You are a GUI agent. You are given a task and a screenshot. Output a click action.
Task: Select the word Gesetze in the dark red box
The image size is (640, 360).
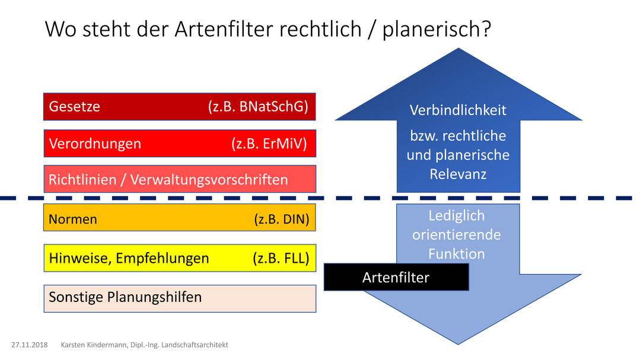coord(74,107)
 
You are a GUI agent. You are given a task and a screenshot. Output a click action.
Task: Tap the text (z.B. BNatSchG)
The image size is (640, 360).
coord(258,107)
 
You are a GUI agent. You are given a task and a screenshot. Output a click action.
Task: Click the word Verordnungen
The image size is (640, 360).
coord(95,144)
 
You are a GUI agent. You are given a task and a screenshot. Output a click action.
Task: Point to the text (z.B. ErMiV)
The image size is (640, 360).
coord(269,144)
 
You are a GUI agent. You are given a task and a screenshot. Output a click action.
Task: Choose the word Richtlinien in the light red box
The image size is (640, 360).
coord(82,180)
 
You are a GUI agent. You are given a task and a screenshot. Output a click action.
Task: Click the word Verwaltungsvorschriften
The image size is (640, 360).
coord(209,180)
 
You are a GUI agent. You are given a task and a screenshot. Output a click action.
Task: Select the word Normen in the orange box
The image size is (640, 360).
coord(73,219)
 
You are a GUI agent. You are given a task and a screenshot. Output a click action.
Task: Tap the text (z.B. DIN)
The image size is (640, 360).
coord(282,219)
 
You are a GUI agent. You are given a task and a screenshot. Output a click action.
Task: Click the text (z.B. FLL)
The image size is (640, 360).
coord(281,259)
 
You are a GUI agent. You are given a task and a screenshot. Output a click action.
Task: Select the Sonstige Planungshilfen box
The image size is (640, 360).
coord(180,298)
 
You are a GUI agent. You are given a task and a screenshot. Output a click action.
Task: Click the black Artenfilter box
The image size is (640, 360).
coord(396,277)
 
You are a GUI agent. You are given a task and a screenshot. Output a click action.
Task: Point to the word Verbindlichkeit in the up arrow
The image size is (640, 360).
coord(458,110)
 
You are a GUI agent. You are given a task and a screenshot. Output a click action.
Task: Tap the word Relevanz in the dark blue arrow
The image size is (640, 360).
coord(458,174)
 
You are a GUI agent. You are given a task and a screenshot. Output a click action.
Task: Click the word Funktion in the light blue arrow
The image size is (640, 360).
coord(456,254)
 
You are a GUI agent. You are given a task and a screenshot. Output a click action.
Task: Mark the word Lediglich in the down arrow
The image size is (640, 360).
coord(456,215)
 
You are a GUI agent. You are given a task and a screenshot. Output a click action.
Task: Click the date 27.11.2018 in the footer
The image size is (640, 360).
coord(30,345)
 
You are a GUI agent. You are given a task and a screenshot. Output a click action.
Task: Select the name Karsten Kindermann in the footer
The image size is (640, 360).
coord(94,345)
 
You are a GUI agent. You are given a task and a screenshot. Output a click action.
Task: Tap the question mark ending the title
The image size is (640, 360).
coord(486,28)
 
